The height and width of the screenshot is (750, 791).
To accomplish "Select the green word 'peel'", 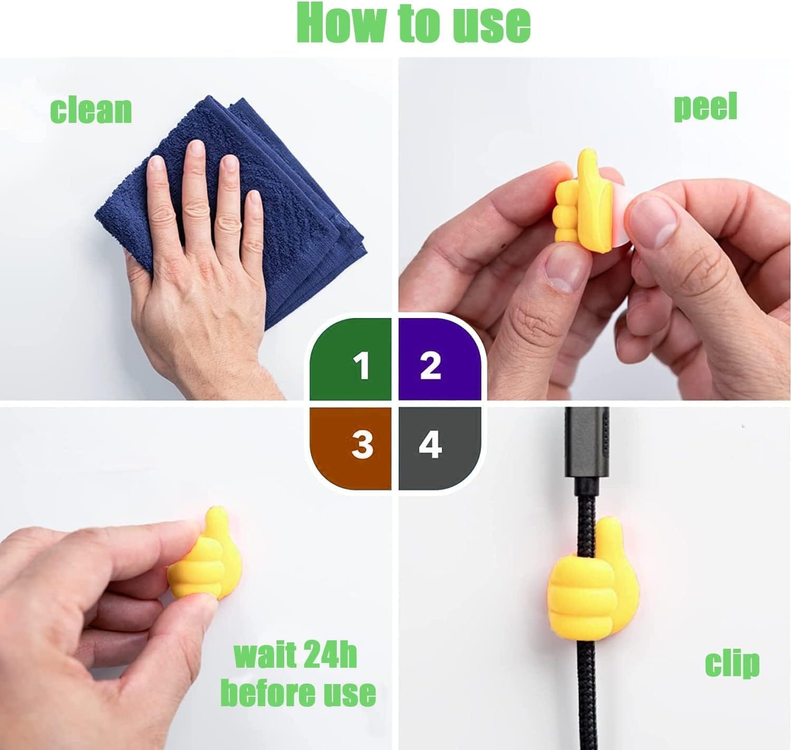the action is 705,107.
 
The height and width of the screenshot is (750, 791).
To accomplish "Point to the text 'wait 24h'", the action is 295,656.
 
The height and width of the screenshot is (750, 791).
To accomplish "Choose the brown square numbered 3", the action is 351,449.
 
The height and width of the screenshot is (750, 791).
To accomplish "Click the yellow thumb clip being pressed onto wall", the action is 205,560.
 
